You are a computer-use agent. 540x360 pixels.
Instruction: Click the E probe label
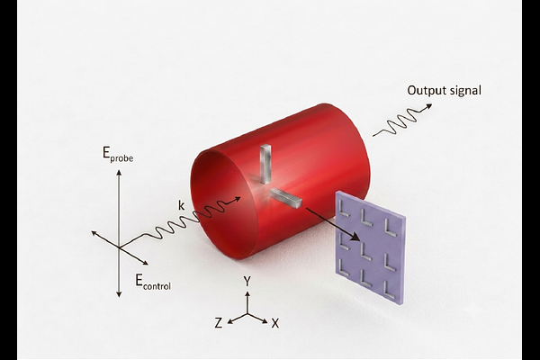click(118, 154)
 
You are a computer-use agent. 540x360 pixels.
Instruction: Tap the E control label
click(153, 282)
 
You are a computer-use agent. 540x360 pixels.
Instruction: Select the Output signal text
click(444, 91)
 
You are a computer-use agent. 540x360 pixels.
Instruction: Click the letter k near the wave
click(181, 206)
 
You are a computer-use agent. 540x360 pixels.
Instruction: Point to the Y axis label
click(247, 282)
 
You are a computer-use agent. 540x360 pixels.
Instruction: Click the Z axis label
click(219, 323)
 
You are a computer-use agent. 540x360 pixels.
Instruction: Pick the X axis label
click(275, 323)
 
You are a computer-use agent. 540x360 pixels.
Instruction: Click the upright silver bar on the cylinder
click(265, 164)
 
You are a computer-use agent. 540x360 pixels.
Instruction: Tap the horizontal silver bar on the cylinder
click(285, 199)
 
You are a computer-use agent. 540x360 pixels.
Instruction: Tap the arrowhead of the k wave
click(238, 199)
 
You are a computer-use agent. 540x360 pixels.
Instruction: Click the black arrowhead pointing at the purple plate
click(355, 237)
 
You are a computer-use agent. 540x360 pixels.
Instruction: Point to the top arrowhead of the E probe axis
click(119, 172)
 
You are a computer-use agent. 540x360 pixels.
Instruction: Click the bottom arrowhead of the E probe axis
click(119, 294)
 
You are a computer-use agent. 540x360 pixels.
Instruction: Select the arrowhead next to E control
click(145, 263)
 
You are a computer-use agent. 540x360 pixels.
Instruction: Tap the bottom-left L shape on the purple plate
click(343, 270)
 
